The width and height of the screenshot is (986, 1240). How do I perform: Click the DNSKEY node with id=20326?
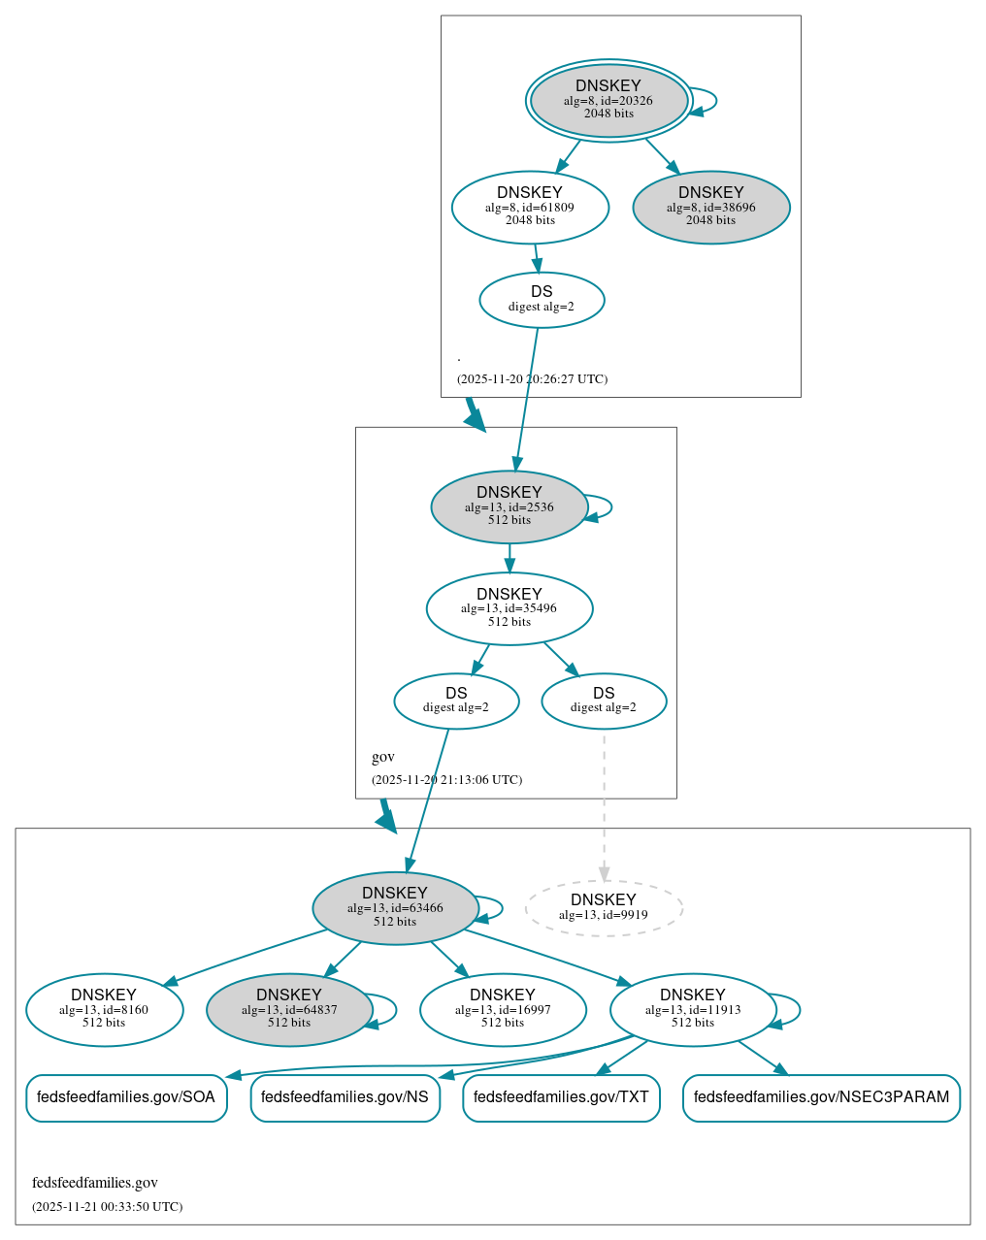click(x=608, y=100)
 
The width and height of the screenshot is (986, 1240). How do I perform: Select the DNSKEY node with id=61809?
click(x=530, y=207)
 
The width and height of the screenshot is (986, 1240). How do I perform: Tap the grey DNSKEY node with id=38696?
click(x=710, y=207)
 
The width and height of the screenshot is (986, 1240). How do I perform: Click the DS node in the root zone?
click(x=542, y=300)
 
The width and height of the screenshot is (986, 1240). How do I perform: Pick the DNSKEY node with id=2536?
click(x=509, y=506)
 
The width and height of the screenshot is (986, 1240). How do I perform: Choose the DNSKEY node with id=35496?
click(x=509, y=608)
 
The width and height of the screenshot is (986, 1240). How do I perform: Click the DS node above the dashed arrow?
click(x=603, y=701)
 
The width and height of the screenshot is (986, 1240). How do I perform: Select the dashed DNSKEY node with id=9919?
click(x=603, y=908)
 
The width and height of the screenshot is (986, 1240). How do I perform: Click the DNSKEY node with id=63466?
click(x=395, y=908)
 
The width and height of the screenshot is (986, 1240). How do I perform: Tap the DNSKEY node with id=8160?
click(x=104, y=1010)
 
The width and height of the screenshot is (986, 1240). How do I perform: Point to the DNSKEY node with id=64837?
click(x=289, y=1010)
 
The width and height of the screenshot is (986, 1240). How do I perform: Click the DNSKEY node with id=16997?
click(x=502, y=1010)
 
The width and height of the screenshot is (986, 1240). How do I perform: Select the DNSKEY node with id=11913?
click(x=692, y=1010)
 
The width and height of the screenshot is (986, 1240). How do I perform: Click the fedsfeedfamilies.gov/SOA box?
click(x=126, y=1097)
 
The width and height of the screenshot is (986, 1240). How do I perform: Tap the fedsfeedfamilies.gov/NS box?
click(x=345, y=1097)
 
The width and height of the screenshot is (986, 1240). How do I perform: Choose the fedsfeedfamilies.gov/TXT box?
click(x=561, y=1097)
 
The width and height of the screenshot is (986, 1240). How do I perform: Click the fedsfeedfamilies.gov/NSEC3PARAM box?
click(x=821, y=1097)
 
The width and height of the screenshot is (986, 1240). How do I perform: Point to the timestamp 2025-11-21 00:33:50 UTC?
click(x=107, y=1207)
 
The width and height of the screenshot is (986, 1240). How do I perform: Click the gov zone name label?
click(x=382, y=757)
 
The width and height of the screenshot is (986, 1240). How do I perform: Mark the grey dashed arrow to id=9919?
click(x=604, y=805)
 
